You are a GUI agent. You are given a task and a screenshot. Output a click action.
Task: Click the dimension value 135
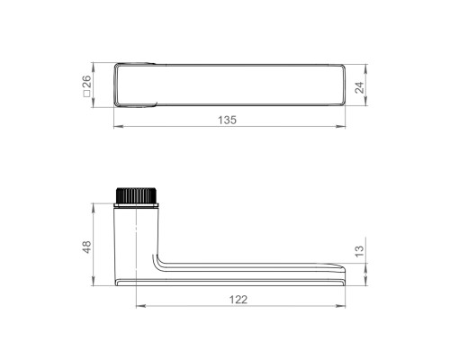pyautogui.click(x=227, y=120)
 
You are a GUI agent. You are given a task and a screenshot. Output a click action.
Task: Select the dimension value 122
pyautogui.click(x=238, y=300)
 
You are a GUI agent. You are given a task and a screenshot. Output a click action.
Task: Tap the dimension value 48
pyautogui.click(x=86, y=247)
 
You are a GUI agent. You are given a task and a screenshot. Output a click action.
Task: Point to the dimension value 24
pyautogui.click(x=359, y=87)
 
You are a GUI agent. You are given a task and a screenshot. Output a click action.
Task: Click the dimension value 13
pyautogui.click(x=359, y=251)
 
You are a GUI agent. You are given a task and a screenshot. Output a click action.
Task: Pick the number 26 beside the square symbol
pyautogui.click(x=86, y=82)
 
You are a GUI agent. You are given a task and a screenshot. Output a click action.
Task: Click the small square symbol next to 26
pyautogui.click(x=86, y=94)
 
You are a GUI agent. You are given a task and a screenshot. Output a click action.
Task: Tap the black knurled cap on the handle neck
pyautogui.click(x=137, y=195)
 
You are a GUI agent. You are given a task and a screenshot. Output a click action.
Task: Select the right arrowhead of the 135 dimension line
pyautogui.click(x=340, y=127)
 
